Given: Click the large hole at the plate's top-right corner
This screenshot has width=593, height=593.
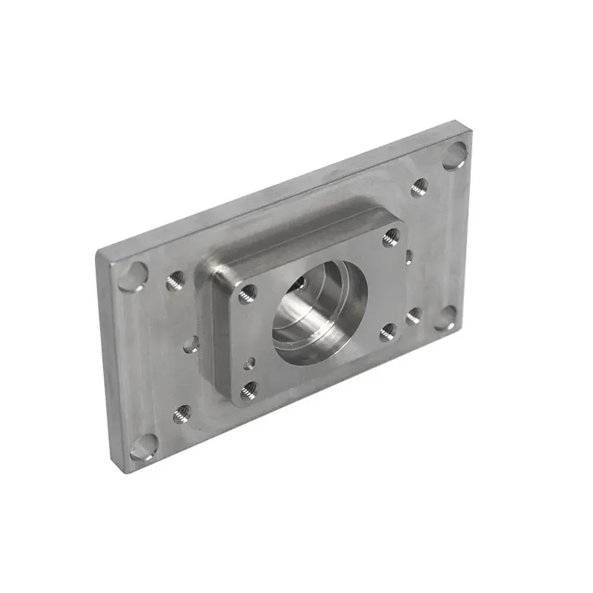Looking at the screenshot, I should point(455,156).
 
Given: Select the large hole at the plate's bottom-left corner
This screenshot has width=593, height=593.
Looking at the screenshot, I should point(144,448).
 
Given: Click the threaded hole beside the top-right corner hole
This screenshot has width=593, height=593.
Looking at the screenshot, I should point(420,186).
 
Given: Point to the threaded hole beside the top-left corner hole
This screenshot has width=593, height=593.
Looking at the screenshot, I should point(176,280).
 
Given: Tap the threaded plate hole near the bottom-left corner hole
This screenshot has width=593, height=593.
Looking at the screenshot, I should point(182,414).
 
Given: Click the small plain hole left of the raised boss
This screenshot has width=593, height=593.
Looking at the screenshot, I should point(191,344).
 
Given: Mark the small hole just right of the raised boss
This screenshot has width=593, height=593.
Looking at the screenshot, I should point(408,256).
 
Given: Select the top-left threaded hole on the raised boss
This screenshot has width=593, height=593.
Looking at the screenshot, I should point(248,294).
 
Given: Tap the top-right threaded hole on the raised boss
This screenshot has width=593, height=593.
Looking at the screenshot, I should point(391,237).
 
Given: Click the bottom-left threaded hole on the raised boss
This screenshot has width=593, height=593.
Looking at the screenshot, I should point(248,390).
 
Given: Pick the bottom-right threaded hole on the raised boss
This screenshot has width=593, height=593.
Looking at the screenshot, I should point(388,331).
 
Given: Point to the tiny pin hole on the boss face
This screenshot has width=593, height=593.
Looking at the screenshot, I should point(253,362).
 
